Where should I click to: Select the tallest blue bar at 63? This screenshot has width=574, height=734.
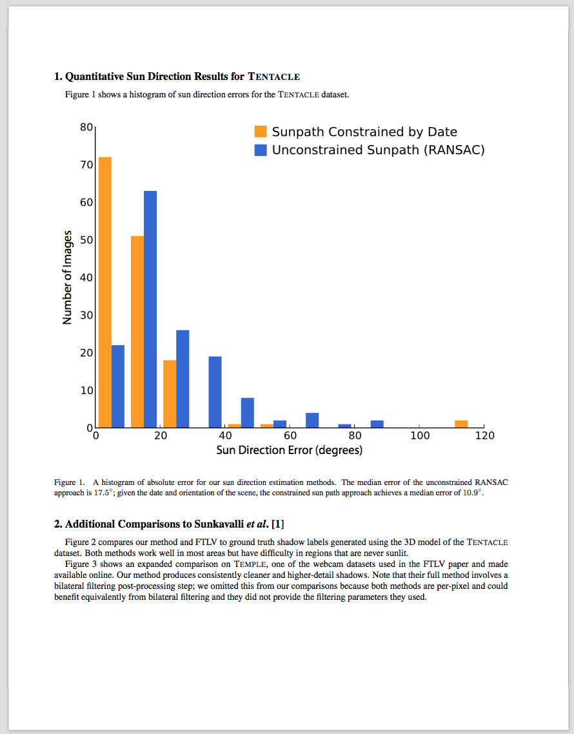tap(150, 309)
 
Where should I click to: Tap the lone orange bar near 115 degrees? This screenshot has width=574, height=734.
tap(461, 424)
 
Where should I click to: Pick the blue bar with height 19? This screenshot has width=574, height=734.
tap(215, 392)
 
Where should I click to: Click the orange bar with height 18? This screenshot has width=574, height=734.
tap(170, 393)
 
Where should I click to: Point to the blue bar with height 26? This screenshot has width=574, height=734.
tap(183, 379)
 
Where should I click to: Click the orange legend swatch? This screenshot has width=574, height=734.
tap(261, 132)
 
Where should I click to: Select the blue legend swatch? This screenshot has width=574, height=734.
tap(261, 150)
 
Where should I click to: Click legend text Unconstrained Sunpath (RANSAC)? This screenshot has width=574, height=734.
tap(378, 150)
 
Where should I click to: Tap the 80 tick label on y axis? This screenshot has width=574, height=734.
tap(86, 127)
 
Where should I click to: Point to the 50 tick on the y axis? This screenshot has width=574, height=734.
tap(86, 240)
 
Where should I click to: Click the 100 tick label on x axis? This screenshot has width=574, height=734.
tap(420, 436)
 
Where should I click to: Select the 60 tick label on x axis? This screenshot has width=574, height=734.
tap(290, 436)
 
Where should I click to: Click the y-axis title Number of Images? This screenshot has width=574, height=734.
tap(67, 277)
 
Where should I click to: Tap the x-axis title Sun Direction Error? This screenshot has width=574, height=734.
tap(289, 450)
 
